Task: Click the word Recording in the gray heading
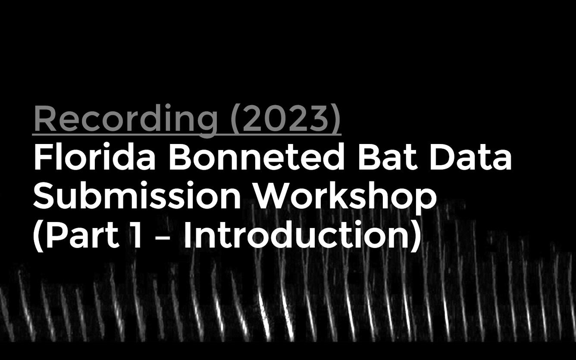pyautogui.click(x=125, y=119)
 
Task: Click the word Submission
pyautogui.click(x=137, y=197)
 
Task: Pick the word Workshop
pyautogui.click(x=345, y=197)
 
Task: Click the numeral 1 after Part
pyautogui.click(x=137, y=235)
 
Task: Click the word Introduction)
pyautogui.click(x=302, y=235)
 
